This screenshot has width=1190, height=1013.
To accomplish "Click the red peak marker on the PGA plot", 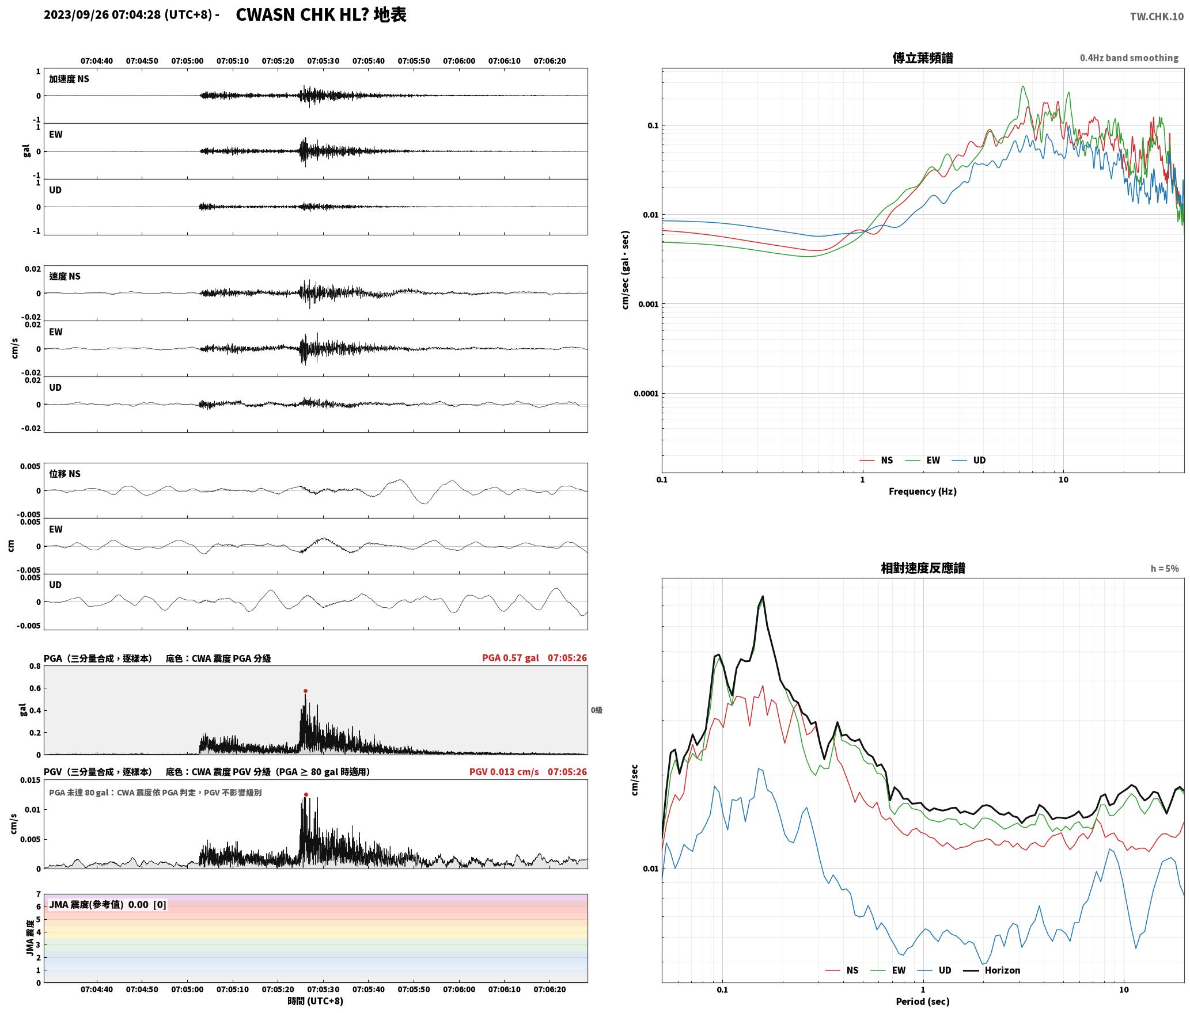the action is click(x=305, y=691).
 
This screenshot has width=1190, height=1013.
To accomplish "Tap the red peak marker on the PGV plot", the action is click(x=306, y=794).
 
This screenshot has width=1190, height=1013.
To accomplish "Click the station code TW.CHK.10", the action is click(x=1157, y=17).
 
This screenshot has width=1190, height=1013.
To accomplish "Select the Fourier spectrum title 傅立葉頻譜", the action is click(x=923, y=58).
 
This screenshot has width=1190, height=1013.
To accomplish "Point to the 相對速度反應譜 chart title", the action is click(x=923, y=568).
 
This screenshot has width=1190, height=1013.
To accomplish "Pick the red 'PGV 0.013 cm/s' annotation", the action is click(x=504, y=772).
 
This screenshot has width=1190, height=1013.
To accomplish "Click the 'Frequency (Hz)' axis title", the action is click(x=923, y=492).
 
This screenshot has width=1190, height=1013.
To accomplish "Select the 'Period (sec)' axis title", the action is click(x=923, y=1001).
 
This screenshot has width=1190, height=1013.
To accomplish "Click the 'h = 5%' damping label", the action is click(x=1165, y=569).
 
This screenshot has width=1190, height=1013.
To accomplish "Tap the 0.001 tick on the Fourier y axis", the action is click(x=647, y=304).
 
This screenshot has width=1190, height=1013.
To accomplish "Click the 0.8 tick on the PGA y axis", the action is click(x=35, y=667).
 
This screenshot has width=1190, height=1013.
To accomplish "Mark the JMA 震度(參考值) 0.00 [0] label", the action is click(x=108, y=905).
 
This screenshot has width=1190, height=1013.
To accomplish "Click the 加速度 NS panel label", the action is click(x=69, y=79).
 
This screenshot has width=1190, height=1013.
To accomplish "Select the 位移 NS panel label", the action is click(x=65, y=474).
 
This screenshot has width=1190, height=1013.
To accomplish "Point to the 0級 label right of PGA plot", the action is click(x=596, y=710).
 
